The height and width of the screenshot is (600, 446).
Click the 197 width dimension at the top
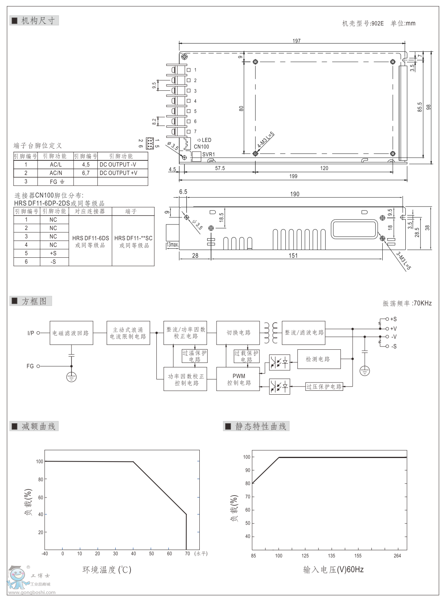[296, 41]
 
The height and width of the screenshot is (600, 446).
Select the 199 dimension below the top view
[293, 176]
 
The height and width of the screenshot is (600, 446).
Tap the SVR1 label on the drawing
[208, 154]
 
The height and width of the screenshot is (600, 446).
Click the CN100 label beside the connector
[201, 147]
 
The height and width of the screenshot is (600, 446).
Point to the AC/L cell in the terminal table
[56, 165]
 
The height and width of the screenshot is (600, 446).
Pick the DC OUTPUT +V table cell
[118, 173]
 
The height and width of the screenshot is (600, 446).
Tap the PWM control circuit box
[239, 379]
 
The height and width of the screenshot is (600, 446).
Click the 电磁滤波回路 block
[71, 333]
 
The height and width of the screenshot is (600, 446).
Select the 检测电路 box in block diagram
[318, 359]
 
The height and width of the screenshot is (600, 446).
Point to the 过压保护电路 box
[324, 386]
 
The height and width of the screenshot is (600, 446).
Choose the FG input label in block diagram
[30, 366]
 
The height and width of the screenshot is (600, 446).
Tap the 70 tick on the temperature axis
[187, 553]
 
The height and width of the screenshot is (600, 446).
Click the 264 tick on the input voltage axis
[397, 555]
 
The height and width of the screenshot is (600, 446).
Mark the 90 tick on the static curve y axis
[247, 470]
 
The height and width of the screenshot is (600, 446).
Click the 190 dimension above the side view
[295, 194]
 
